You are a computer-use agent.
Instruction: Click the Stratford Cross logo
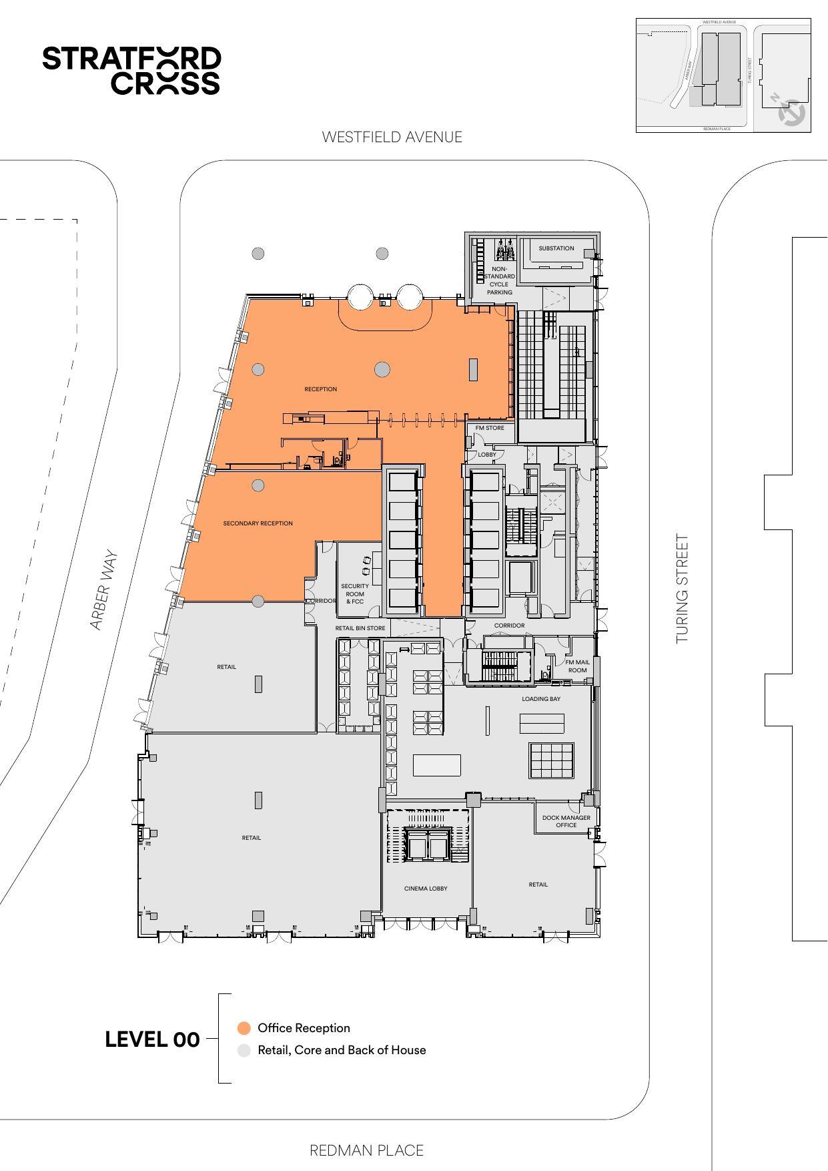131,70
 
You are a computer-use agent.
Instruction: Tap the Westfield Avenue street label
392,137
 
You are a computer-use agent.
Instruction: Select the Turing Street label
681,588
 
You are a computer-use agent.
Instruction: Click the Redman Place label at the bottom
366,1150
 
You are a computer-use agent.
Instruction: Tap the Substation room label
556,248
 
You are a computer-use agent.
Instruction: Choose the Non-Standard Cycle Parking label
499,280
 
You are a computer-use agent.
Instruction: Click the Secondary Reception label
258,523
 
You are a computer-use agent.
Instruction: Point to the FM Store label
490,428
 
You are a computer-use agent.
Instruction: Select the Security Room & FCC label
354,594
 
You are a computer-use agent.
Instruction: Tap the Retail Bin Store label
360,628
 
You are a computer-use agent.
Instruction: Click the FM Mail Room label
577,666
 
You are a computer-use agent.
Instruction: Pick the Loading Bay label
541,699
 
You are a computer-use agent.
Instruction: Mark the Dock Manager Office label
566,821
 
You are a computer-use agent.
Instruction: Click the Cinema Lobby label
426,889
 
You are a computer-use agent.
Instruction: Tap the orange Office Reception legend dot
244,1028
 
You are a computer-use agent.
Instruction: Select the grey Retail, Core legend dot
244,1050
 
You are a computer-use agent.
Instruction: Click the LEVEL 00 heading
152,1039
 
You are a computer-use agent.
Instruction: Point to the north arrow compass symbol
791,111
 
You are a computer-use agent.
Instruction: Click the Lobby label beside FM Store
487,455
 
